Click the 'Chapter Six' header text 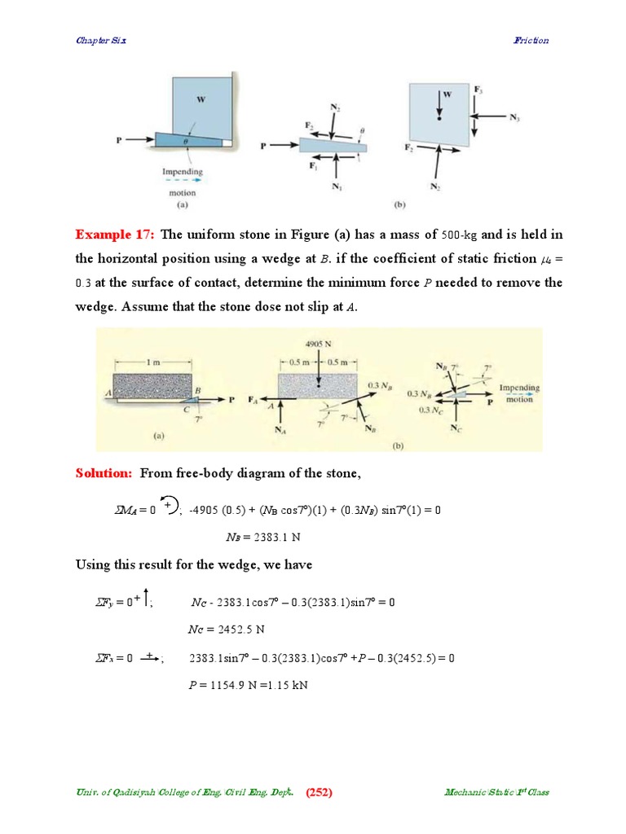[101, 40]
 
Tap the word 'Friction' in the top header [531, 40]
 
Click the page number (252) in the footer [319, 792]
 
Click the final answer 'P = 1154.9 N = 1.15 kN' [248, 685]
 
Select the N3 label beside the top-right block [514, 118]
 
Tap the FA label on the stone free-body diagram [253, 401]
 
